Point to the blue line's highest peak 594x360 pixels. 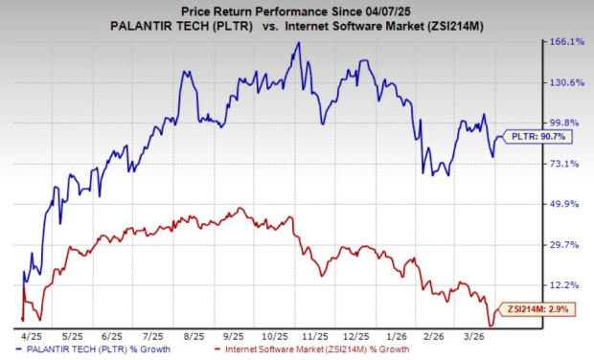coord(298,43)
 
